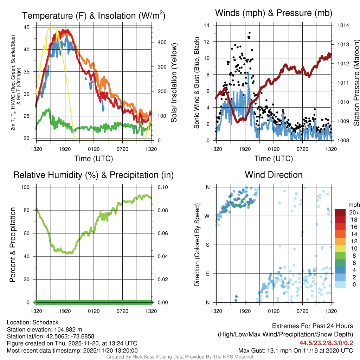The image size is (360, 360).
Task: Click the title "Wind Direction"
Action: click(274, 175)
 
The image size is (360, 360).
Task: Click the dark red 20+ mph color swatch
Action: click(340, 212)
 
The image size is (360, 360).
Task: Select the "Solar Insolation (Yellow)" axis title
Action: click(174, 83)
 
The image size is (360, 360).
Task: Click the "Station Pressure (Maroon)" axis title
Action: click(356, 83)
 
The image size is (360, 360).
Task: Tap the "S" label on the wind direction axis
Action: click(208, 245)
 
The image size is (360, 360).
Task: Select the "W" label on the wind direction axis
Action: click(207, 216)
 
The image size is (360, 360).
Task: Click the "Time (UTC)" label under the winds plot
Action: click(274, 159)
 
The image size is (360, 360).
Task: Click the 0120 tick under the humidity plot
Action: click(94, 311)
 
